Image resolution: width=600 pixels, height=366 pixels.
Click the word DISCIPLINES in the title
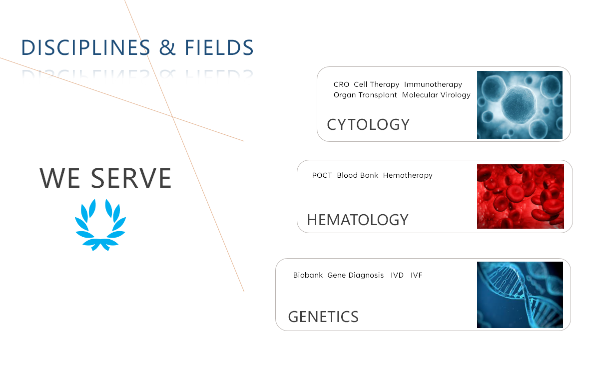(86, 47)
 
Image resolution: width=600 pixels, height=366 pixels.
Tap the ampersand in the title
(167, 47)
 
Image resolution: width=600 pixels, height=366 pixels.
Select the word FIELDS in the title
(219, 47)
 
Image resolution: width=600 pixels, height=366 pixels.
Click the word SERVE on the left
(131, 178)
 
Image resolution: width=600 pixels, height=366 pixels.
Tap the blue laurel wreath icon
(100, 225)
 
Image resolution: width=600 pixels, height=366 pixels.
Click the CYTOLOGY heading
(368, 124)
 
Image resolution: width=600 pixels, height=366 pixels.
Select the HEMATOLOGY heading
(358, 220)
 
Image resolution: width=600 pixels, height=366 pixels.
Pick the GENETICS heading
(323, 317)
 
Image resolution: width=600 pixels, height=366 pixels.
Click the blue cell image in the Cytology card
(520, 105)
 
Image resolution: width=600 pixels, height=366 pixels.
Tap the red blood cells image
(521, 196)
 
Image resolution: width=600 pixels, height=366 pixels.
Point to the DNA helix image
(520, 295)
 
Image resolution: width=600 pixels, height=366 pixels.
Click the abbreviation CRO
(341, 84)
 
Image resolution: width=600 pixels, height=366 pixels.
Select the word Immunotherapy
(433, 84)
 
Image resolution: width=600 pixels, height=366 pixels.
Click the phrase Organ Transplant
(365, 95)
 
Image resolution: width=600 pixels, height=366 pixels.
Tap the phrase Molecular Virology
(436, 95)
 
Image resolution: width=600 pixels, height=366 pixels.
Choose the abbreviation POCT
(322, 175)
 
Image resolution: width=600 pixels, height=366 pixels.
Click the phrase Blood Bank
(358, 175)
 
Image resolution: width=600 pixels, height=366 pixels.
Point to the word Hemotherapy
(408, 176)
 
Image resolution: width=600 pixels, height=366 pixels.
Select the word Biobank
(308, 275)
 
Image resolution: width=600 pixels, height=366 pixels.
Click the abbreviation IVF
(417, 275)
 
